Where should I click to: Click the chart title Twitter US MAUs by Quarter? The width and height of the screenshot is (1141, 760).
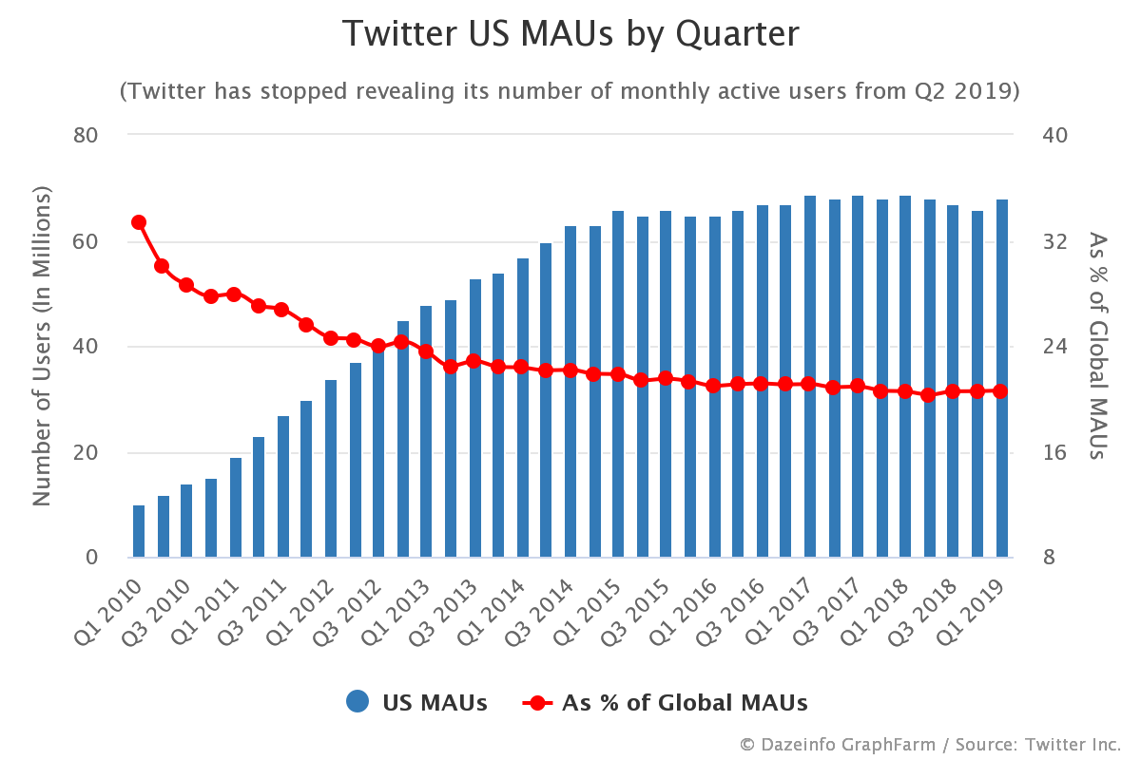coord(570,34)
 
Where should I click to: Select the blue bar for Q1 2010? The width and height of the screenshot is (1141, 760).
coord(139,531)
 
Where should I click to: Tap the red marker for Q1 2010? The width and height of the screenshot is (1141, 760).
coord(139,222)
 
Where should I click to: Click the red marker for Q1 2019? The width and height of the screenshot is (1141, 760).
coord(1000,390)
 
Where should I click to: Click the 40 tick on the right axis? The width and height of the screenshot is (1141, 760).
coord(1055,135)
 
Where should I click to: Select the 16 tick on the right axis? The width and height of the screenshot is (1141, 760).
coord(1055,452)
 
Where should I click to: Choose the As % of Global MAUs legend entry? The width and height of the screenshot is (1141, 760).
coord(666,703)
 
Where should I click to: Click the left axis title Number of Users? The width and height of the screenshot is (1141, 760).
coord(42,346)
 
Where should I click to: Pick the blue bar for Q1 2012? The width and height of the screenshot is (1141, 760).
coord(331,468)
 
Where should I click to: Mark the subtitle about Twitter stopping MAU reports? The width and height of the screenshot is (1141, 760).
coord(570,91)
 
